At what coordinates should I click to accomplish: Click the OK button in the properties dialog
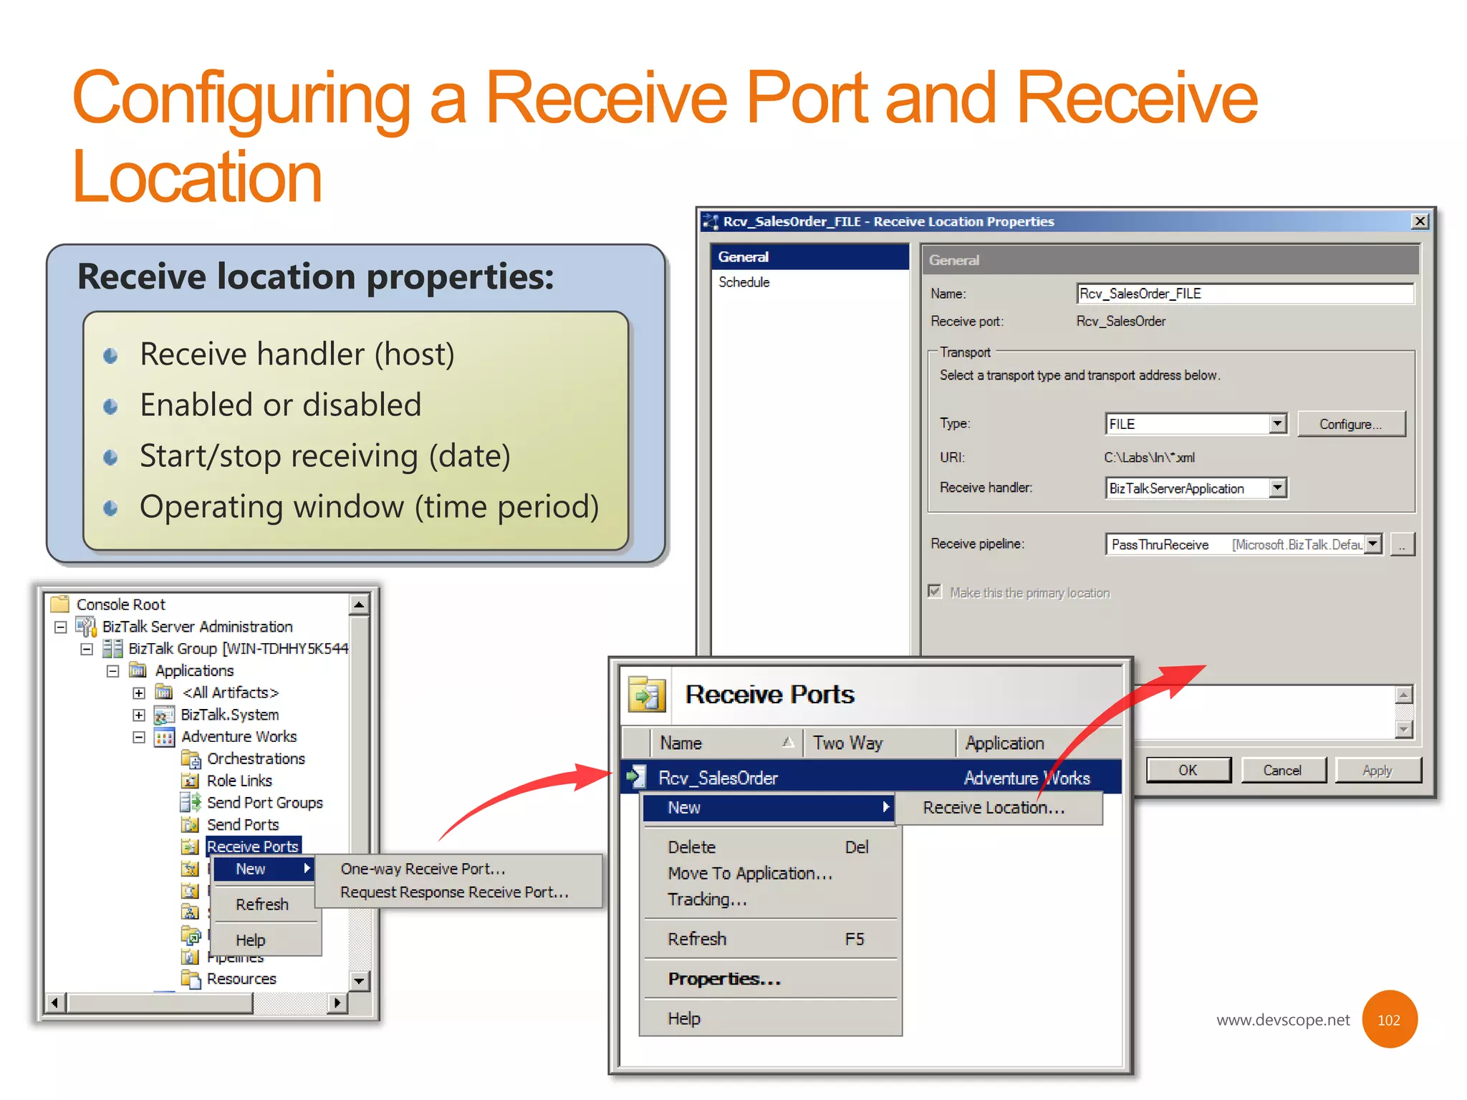point(1188,770)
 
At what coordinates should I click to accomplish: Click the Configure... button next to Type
point(1350,424)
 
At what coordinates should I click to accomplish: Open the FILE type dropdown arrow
point(1277,424)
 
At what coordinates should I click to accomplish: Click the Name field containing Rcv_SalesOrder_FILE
point(1244,294)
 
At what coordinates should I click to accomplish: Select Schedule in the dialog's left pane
point(744,282)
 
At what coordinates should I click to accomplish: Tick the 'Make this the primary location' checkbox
point(935,592)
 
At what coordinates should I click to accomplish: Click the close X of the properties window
point(1419,221)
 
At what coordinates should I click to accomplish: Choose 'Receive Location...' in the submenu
point(994,808)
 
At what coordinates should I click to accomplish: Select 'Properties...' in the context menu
point(724,979)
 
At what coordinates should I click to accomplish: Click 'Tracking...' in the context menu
point(707,899)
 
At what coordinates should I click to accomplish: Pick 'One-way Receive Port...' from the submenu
point(423,869)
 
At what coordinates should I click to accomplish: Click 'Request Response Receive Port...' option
point(454,892)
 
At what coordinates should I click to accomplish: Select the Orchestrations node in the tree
point(256,758)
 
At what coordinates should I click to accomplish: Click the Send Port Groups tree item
point(264,803)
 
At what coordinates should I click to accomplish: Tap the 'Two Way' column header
point(847,743)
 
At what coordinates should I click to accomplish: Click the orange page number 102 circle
point(1388,1020)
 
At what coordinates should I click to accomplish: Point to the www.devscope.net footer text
point(1282,1020)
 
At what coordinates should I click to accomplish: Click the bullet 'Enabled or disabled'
point(280,405)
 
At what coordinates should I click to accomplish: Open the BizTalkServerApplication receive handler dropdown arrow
point(1277,488)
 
